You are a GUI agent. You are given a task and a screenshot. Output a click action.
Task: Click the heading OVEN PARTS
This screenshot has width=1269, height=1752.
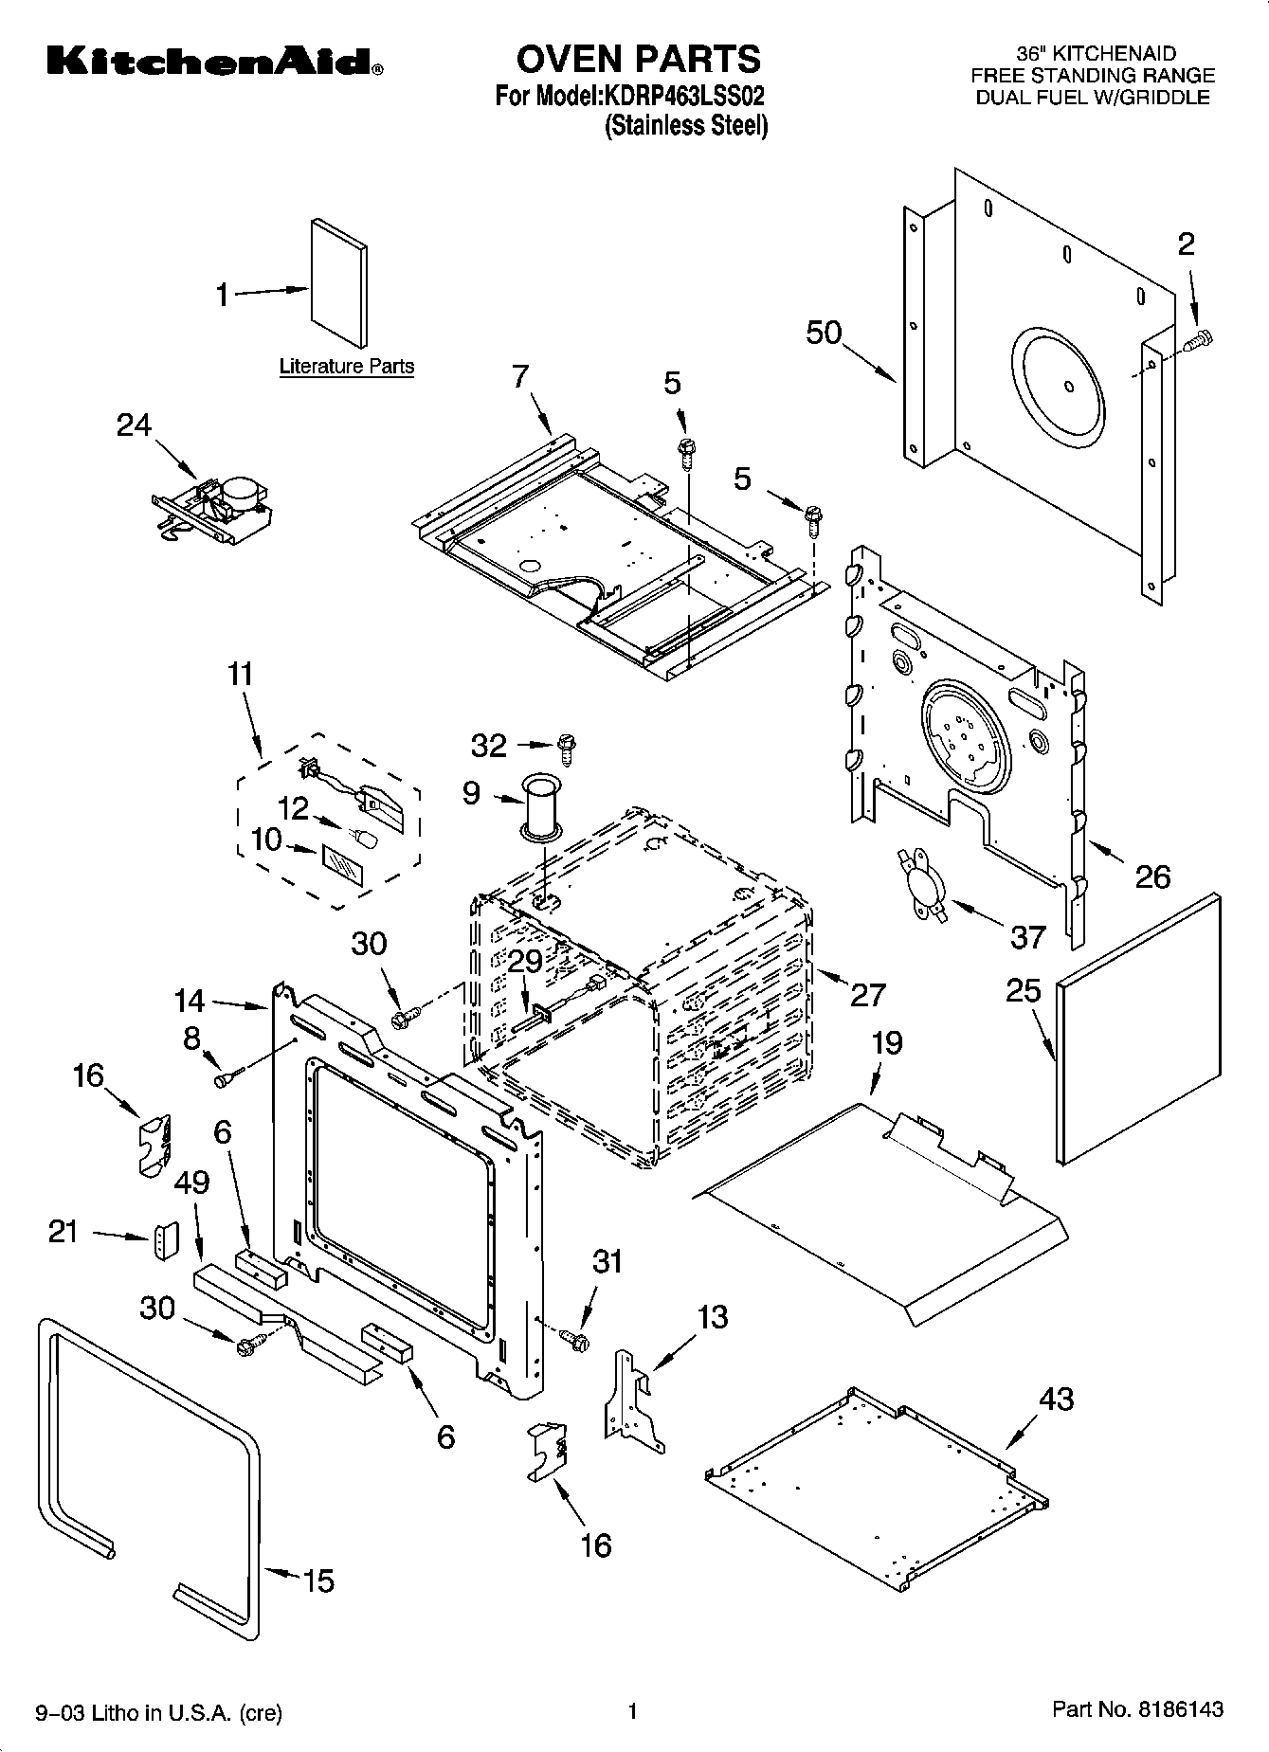638,59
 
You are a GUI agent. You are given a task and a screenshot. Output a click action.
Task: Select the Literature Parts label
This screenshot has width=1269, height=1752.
347,366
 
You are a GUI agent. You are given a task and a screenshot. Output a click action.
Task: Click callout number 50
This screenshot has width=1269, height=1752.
825,333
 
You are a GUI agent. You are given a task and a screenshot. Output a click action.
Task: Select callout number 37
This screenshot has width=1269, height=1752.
1027,936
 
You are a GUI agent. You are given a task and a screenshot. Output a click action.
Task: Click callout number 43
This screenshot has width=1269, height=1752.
1056,1399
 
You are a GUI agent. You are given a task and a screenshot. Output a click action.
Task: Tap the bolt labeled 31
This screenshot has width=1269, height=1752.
575,1339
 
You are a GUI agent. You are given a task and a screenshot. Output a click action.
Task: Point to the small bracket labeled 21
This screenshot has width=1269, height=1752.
165,1239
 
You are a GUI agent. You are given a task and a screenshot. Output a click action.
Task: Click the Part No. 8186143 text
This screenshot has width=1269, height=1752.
1137,1710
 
